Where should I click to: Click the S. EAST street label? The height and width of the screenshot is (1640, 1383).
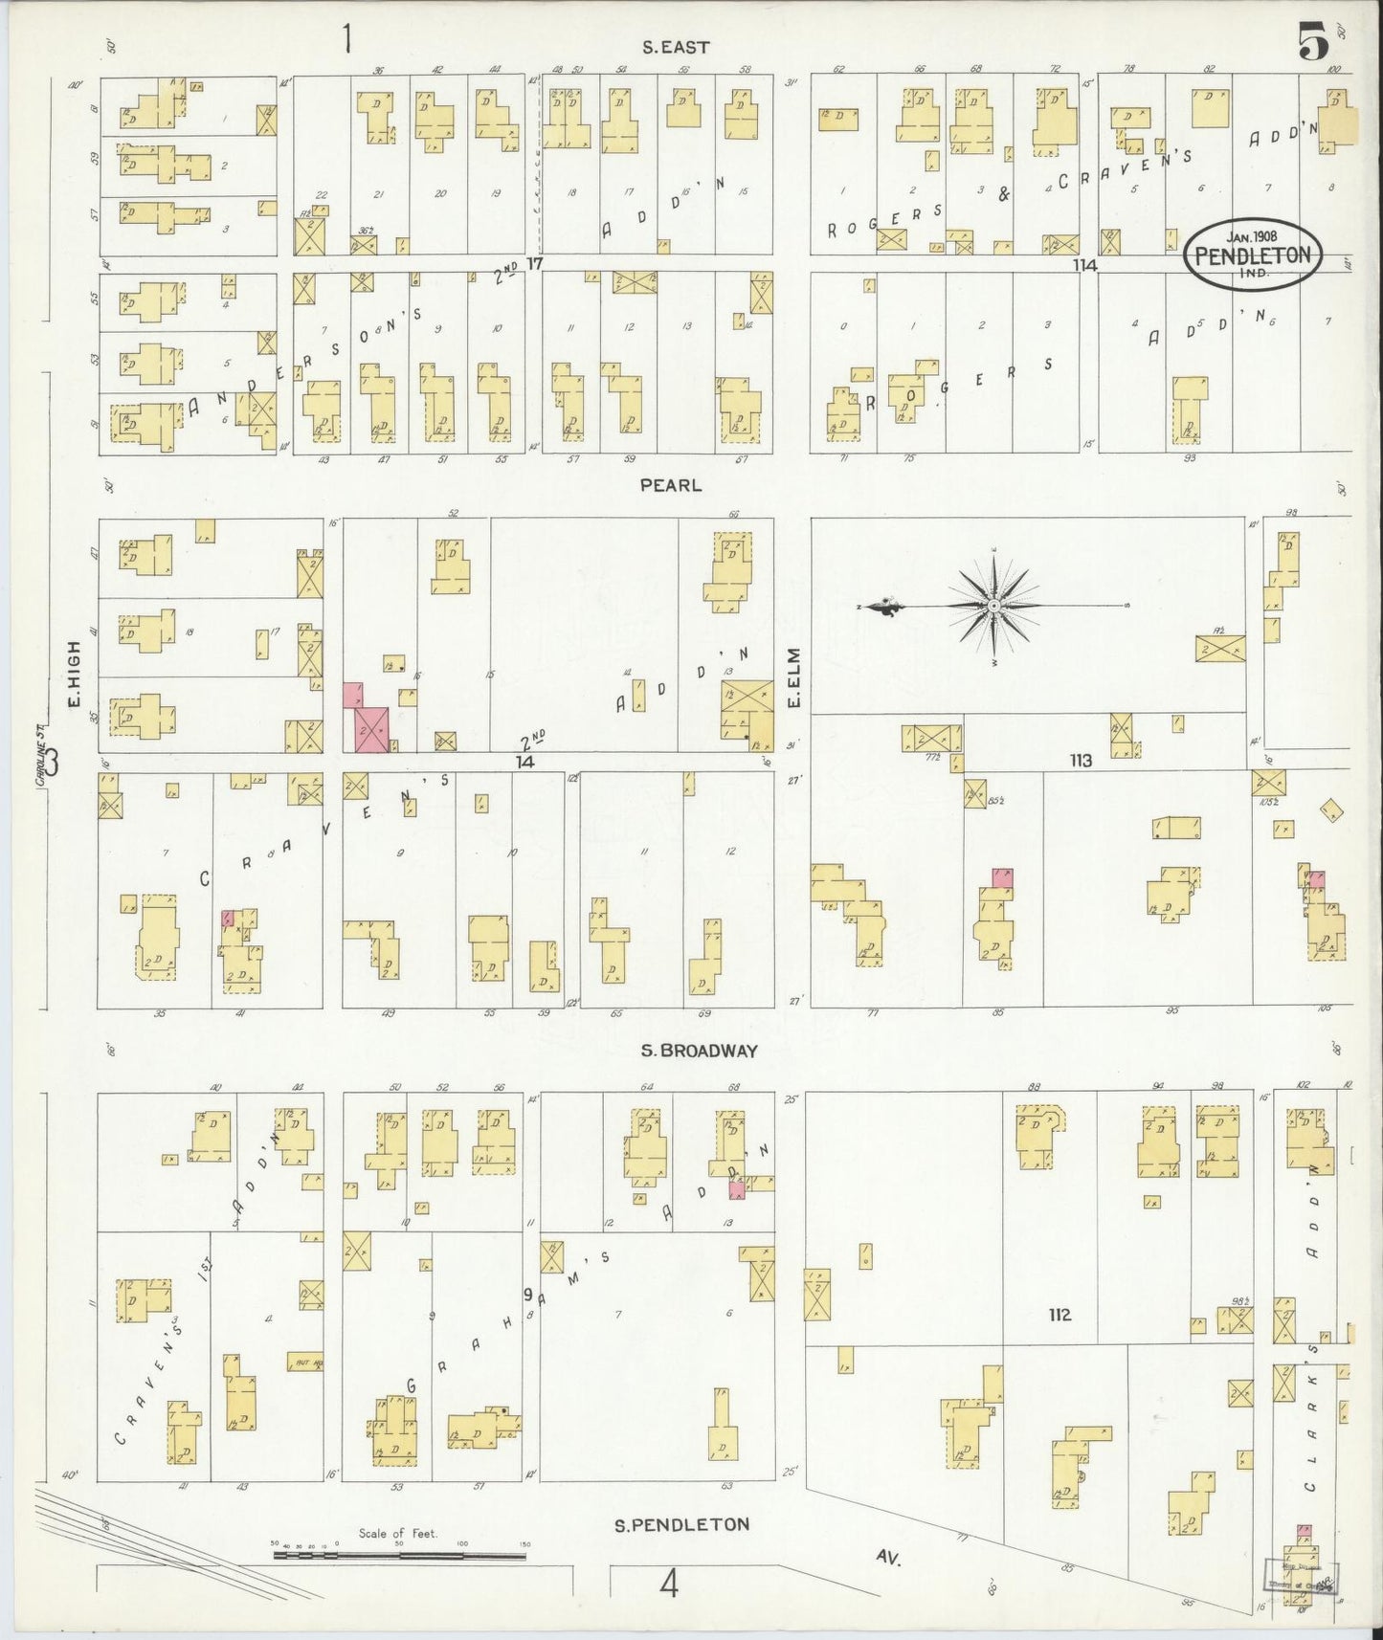point(675,47)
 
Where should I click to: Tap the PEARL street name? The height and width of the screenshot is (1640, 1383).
point(671,485)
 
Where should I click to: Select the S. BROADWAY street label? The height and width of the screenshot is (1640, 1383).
point(699,1051)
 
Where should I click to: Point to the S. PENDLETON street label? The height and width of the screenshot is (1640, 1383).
point(681,1524)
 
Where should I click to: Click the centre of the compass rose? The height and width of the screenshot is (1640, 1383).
point(995,606)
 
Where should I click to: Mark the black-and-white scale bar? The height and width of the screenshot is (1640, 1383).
point(399,1555)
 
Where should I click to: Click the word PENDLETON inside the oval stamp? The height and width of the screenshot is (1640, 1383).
point(1254,255)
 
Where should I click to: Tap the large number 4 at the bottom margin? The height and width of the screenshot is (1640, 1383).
point(669,1585)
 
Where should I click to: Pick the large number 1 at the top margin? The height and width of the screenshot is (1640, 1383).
point(346,40)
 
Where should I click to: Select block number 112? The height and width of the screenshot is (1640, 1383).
point(1059,1315)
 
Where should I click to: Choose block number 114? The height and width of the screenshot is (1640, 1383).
point(1084,265)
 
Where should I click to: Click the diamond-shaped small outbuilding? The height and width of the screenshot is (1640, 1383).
point(1331,811)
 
